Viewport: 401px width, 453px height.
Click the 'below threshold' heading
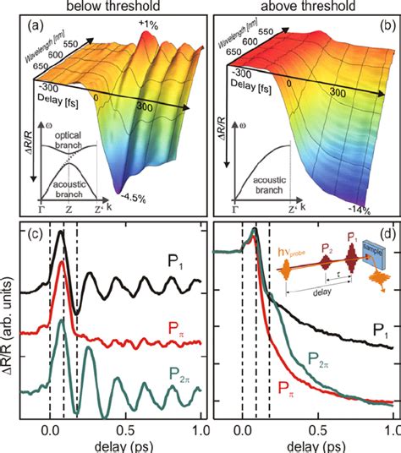(102, 8)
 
